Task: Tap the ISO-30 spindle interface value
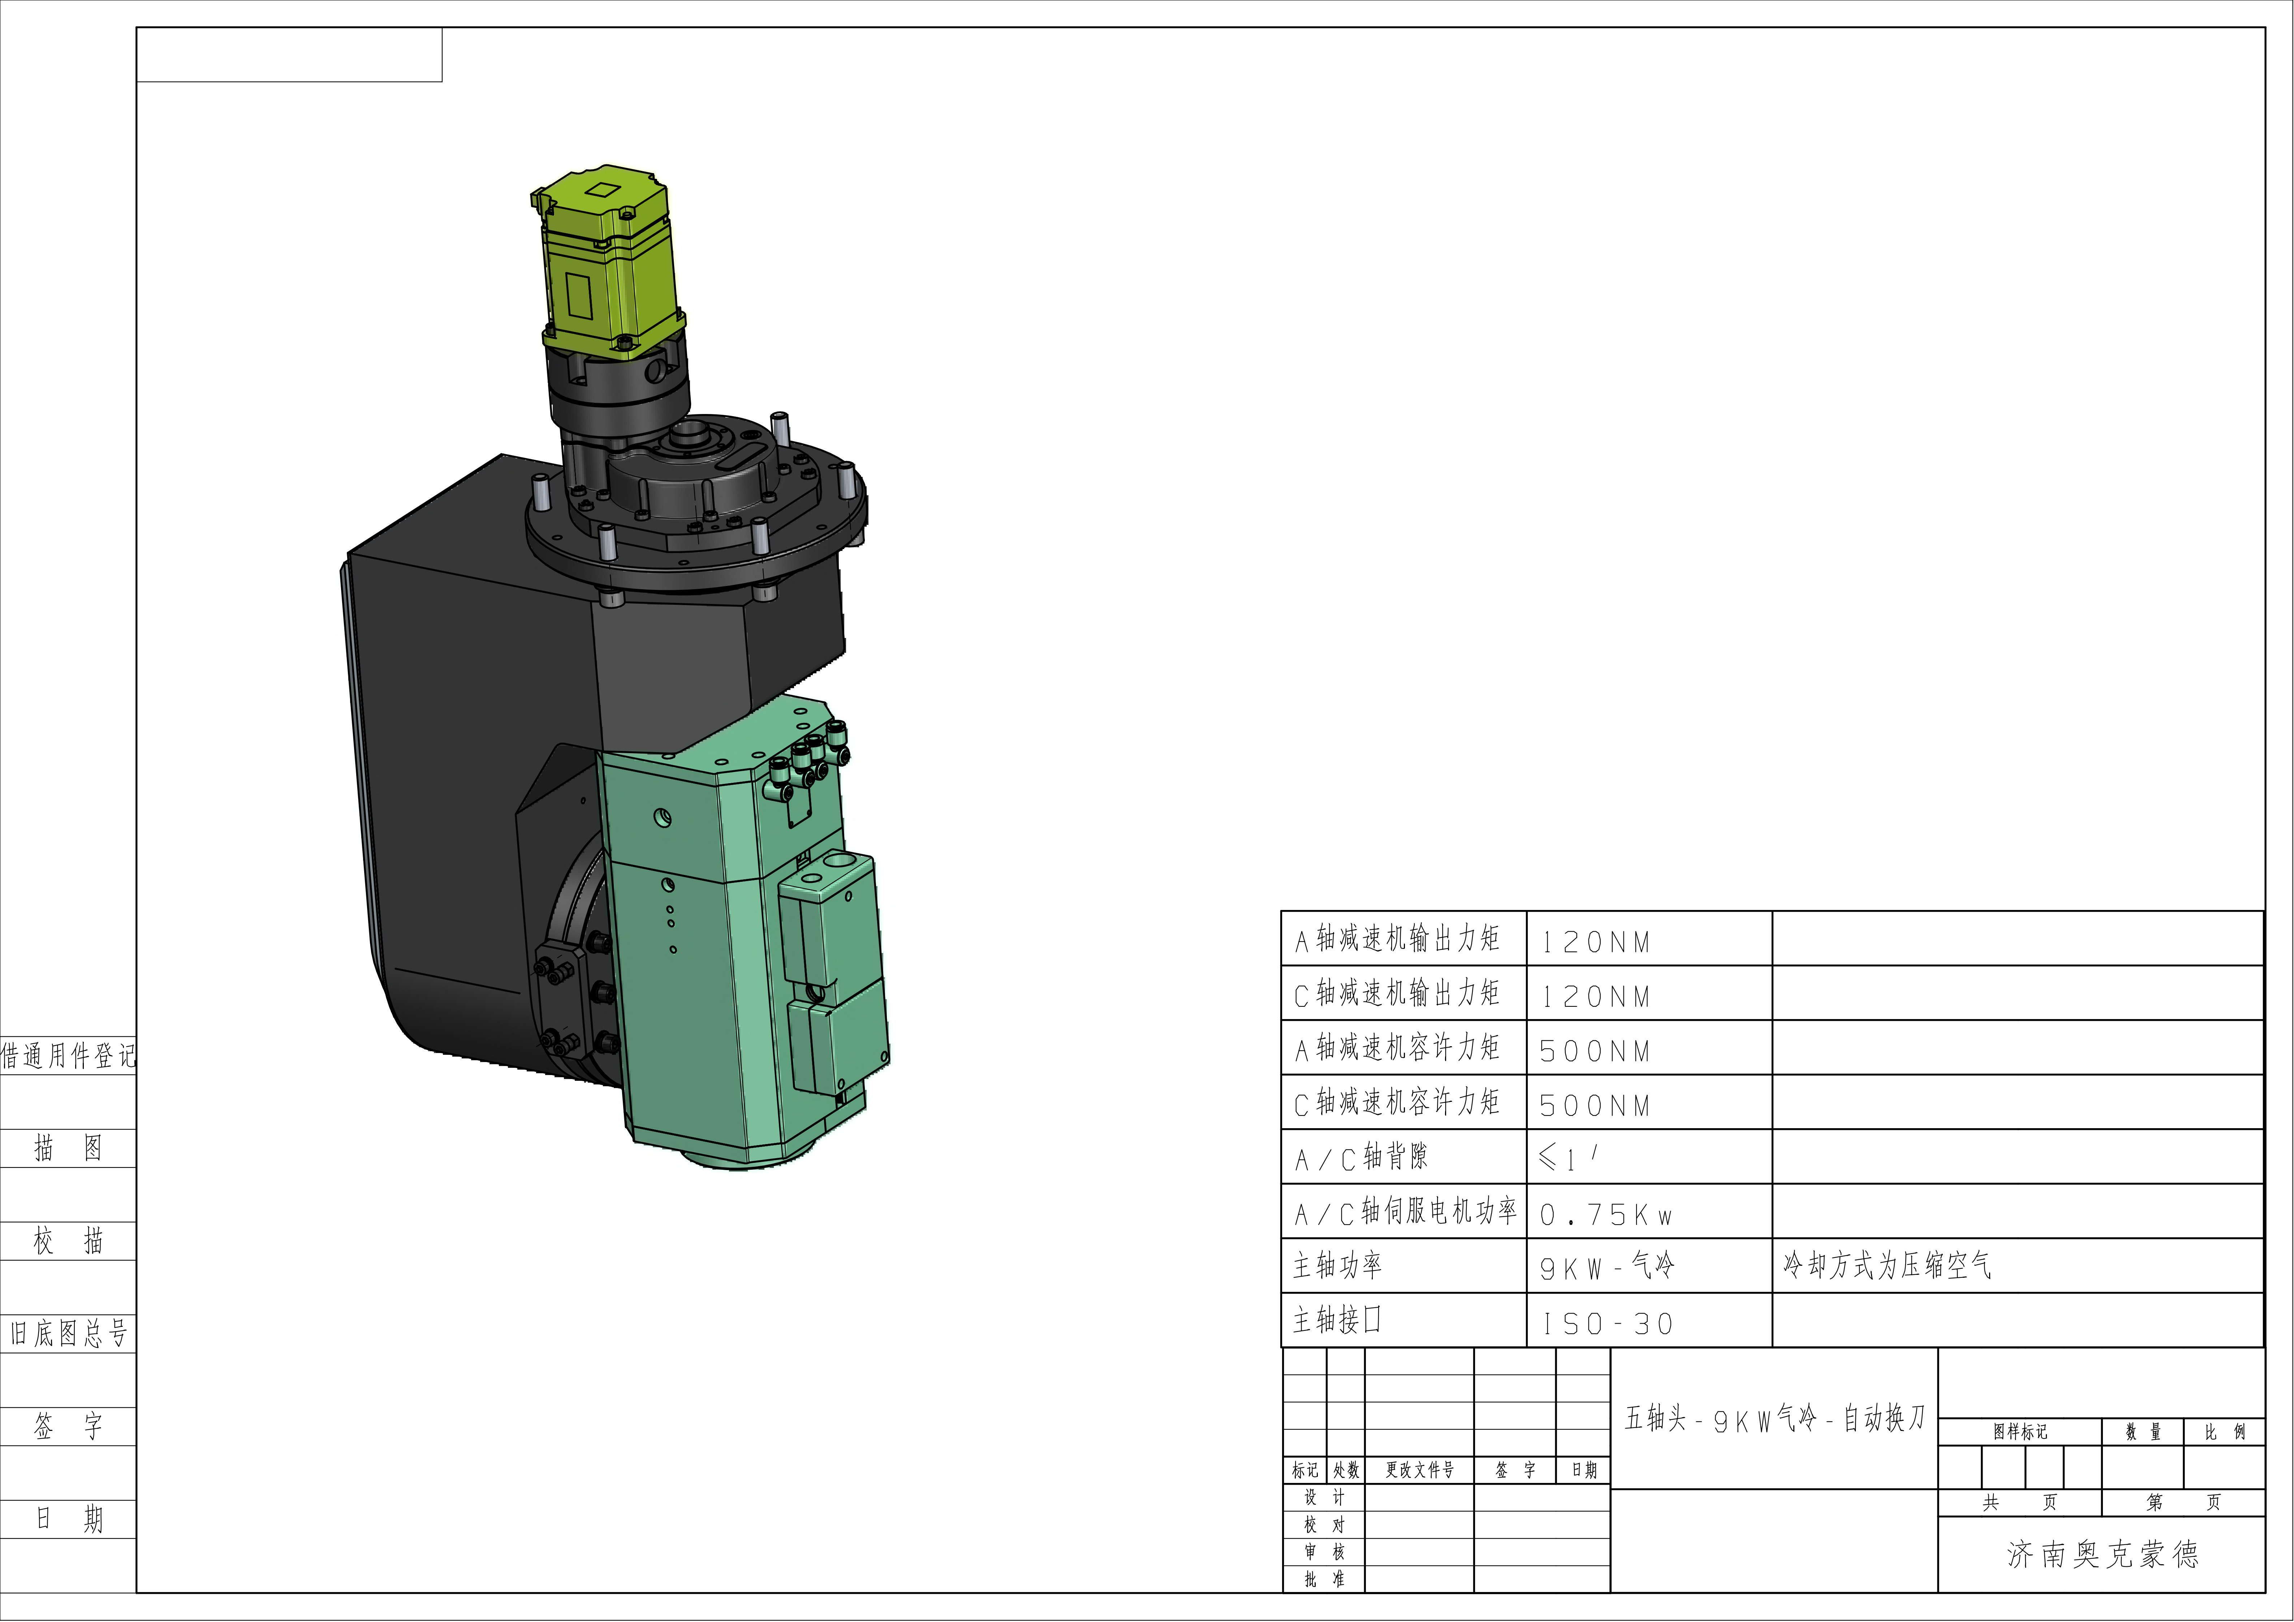coord(1607,1323)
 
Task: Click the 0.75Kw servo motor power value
coord(1605,1214)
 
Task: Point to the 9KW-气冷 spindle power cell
coord(1607,1266)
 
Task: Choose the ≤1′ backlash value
coord(1569,1157)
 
